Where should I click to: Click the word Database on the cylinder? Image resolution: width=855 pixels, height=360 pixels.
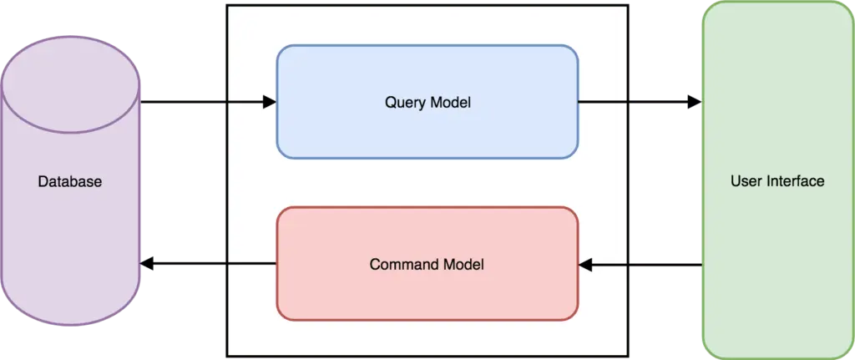(70, 181)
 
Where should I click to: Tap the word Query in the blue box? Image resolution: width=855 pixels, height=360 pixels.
(403, 104)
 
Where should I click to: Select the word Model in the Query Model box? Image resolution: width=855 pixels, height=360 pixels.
(452, 104)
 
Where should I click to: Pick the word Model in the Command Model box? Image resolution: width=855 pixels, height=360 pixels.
(464, 265)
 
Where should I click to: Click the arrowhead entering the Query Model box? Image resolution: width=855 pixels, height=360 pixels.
(270, 103)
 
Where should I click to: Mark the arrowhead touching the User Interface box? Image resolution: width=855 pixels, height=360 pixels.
(691, 103)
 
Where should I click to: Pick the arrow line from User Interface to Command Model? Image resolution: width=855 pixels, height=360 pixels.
(651, 266)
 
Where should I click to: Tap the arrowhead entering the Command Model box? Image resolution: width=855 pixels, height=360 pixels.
(585, 266)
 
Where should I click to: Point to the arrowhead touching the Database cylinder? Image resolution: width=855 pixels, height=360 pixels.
(146, 265)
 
